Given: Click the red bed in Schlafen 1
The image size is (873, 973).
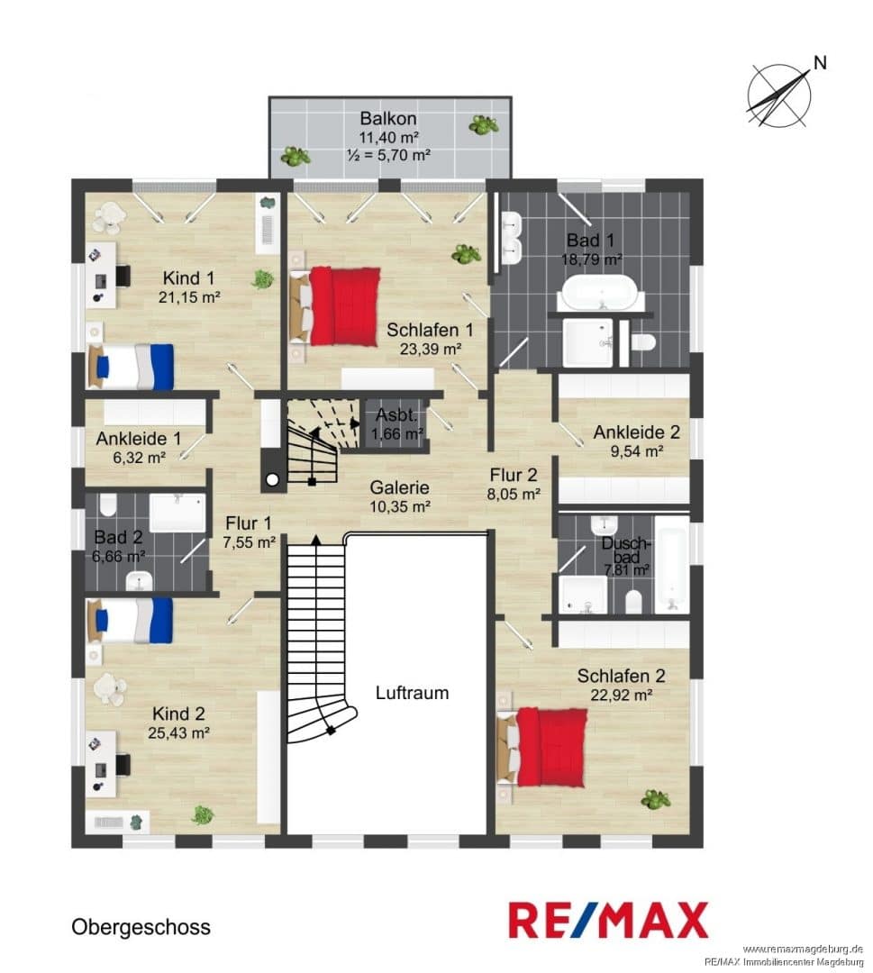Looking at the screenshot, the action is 335,306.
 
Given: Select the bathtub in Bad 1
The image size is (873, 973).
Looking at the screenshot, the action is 599,292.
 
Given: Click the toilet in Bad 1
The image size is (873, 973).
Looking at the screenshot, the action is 642,342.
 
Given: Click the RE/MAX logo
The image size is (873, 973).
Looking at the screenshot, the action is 608,920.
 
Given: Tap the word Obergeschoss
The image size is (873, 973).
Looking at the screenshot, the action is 141,926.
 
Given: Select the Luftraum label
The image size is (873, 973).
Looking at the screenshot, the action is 412,693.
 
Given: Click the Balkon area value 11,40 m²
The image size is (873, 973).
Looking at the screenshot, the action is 388,137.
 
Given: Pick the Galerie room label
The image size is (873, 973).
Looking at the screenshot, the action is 400,487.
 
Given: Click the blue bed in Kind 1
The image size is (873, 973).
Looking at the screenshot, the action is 131,367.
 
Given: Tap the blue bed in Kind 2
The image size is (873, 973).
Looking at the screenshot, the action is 131,621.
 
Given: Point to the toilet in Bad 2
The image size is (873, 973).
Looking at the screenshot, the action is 108,505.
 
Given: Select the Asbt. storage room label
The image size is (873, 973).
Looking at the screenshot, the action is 396,414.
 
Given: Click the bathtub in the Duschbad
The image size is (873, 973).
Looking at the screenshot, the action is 672,565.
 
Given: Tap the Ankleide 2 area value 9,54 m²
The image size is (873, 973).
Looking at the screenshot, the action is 637,451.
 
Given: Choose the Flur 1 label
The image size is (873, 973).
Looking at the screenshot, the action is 248,523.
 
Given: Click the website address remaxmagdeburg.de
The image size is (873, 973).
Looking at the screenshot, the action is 803,949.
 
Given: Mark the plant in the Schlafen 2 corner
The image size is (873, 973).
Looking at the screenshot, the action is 656,799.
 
